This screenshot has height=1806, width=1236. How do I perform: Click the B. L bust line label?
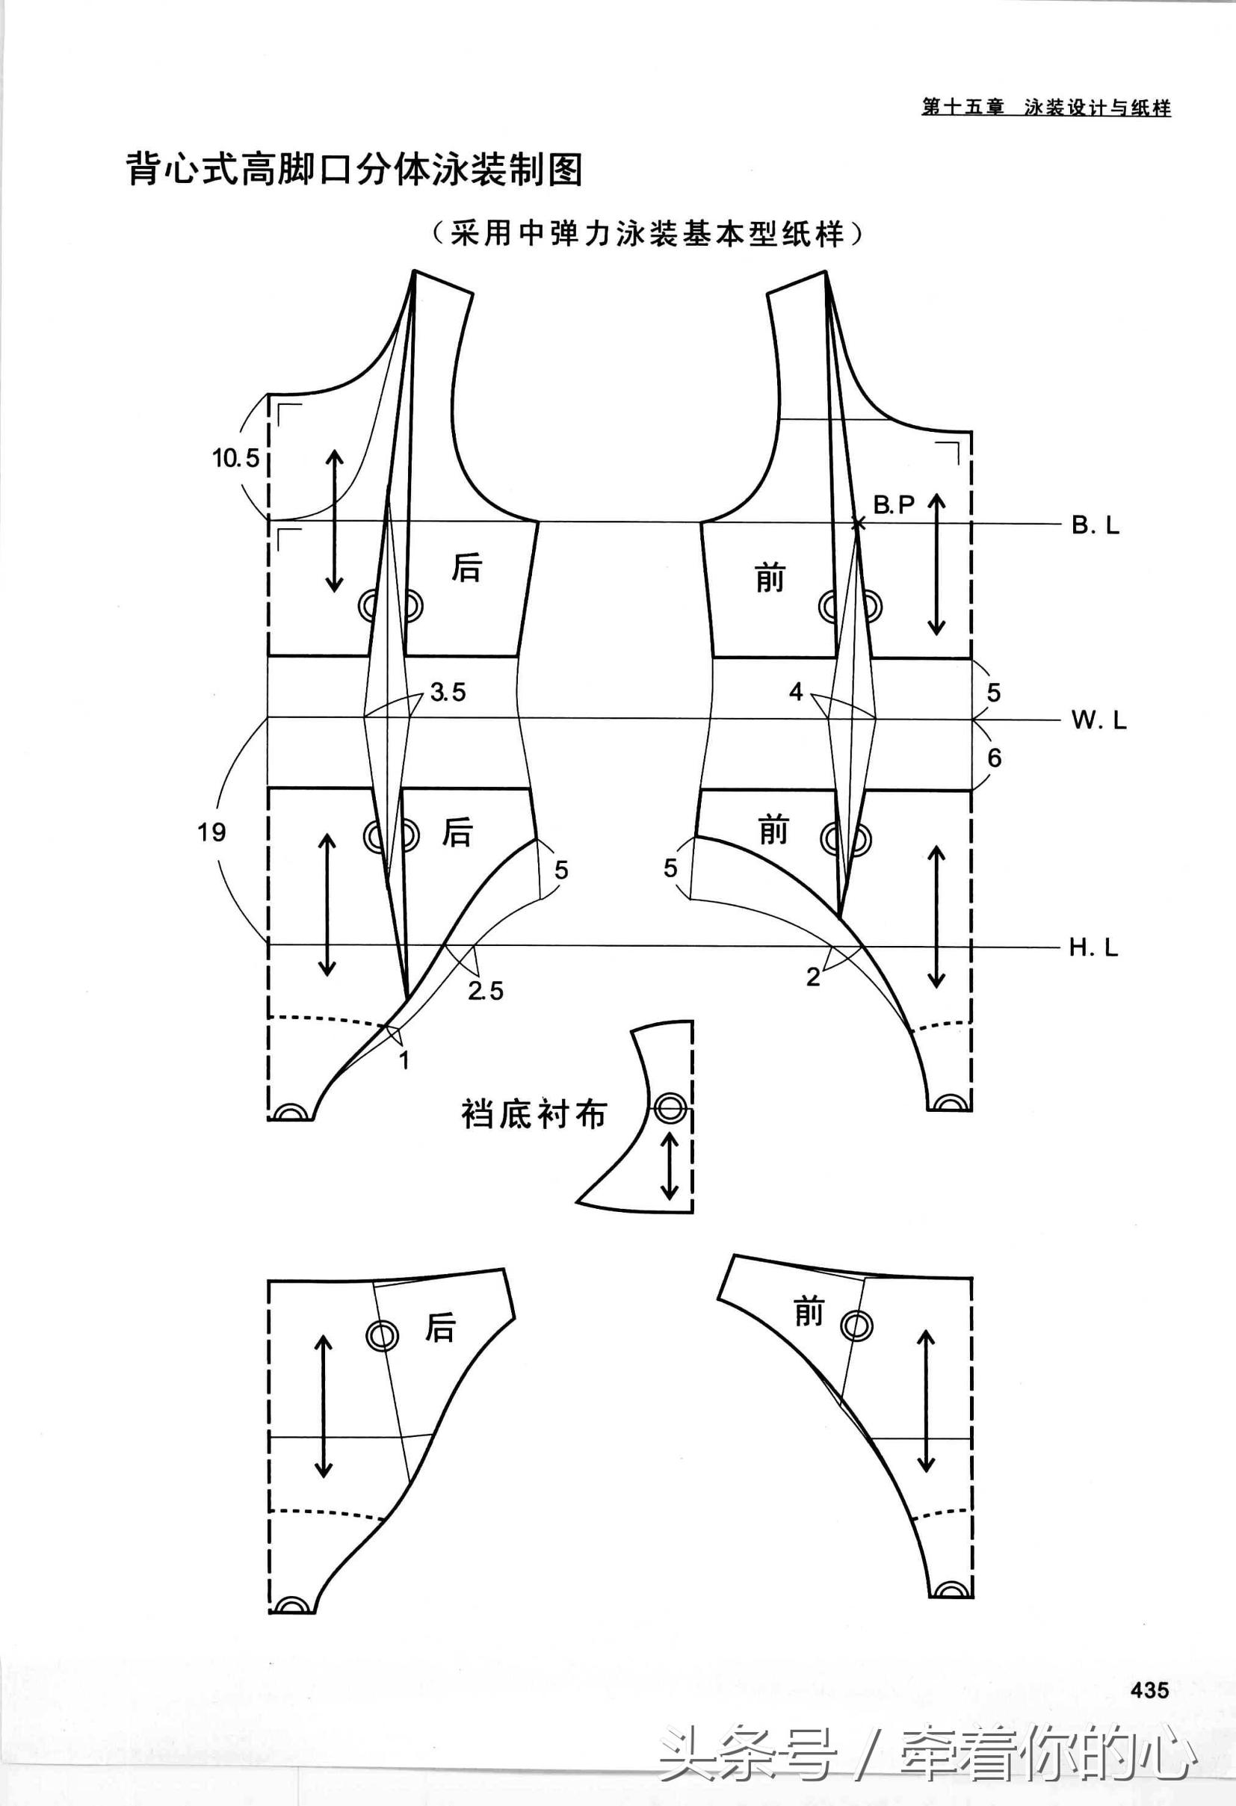pos(1096,525)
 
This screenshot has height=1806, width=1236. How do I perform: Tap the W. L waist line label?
pos(1099,720)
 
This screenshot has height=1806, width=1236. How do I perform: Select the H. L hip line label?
pos(1094,947)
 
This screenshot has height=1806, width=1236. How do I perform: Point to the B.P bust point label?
pos(894,505)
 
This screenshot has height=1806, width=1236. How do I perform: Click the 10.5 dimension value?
pos(236,458)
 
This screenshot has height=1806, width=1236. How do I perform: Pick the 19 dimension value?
pos(211,832)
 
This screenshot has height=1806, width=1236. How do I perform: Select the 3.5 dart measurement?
pos(448,692)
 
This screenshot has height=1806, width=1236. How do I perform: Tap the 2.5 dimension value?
pos(486,991)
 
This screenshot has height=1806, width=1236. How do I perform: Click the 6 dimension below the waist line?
pos(994,758)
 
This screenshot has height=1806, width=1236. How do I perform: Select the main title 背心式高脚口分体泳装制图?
pos(354,169)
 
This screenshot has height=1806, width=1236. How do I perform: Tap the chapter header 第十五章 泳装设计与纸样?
pos(1046,108)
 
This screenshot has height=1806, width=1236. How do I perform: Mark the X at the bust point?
pos(857,525)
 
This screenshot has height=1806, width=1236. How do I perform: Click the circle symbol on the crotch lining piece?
pos(670,1108)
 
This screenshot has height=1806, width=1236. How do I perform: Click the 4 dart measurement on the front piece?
pos(795,691)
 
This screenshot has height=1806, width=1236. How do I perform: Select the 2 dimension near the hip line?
pos(813,977)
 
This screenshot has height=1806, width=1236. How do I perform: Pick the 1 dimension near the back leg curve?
pos(404,1060)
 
